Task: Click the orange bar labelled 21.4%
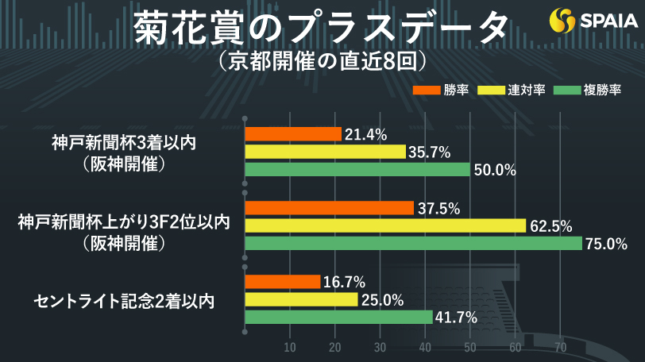(293, 134)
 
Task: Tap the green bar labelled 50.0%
(357, 169)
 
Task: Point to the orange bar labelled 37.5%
(330, 208)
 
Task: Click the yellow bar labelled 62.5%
(385, 225)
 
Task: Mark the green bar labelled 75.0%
(414, 244)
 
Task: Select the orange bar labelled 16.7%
(283, 282)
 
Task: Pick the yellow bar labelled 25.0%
(301, 299)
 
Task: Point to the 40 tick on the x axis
(425, 348)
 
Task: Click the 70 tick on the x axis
(560, 348)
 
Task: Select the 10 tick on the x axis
(290, 348)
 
